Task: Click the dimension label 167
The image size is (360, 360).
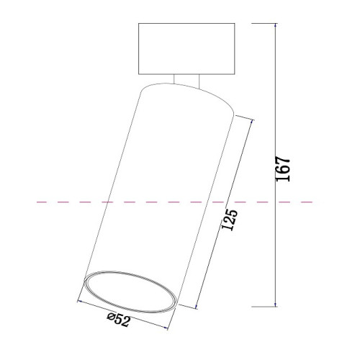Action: pyautogui.click(x=283, y=169)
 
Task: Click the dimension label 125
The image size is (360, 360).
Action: pyautogui.click(x=230, y=220)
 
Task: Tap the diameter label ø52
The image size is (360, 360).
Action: pyautogui.click(x=119, y=319)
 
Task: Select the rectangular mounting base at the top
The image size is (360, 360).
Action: pyautogui.click(x=186, y=49)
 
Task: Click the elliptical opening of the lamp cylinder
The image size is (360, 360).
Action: pyautogui.click(x=130, y=292)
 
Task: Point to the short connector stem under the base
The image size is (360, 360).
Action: pyautogui.click(x=186, y=81)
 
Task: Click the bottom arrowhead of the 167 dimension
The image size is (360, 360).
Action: pyautogui.click(x=276, y=304)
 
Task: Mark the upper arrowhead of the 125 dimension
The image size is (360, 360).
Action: pyautogui.click(x=251, y=122)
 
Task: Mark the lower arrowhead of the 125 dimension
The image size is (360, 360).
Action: pyautogui.click(x=197, y=306)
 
